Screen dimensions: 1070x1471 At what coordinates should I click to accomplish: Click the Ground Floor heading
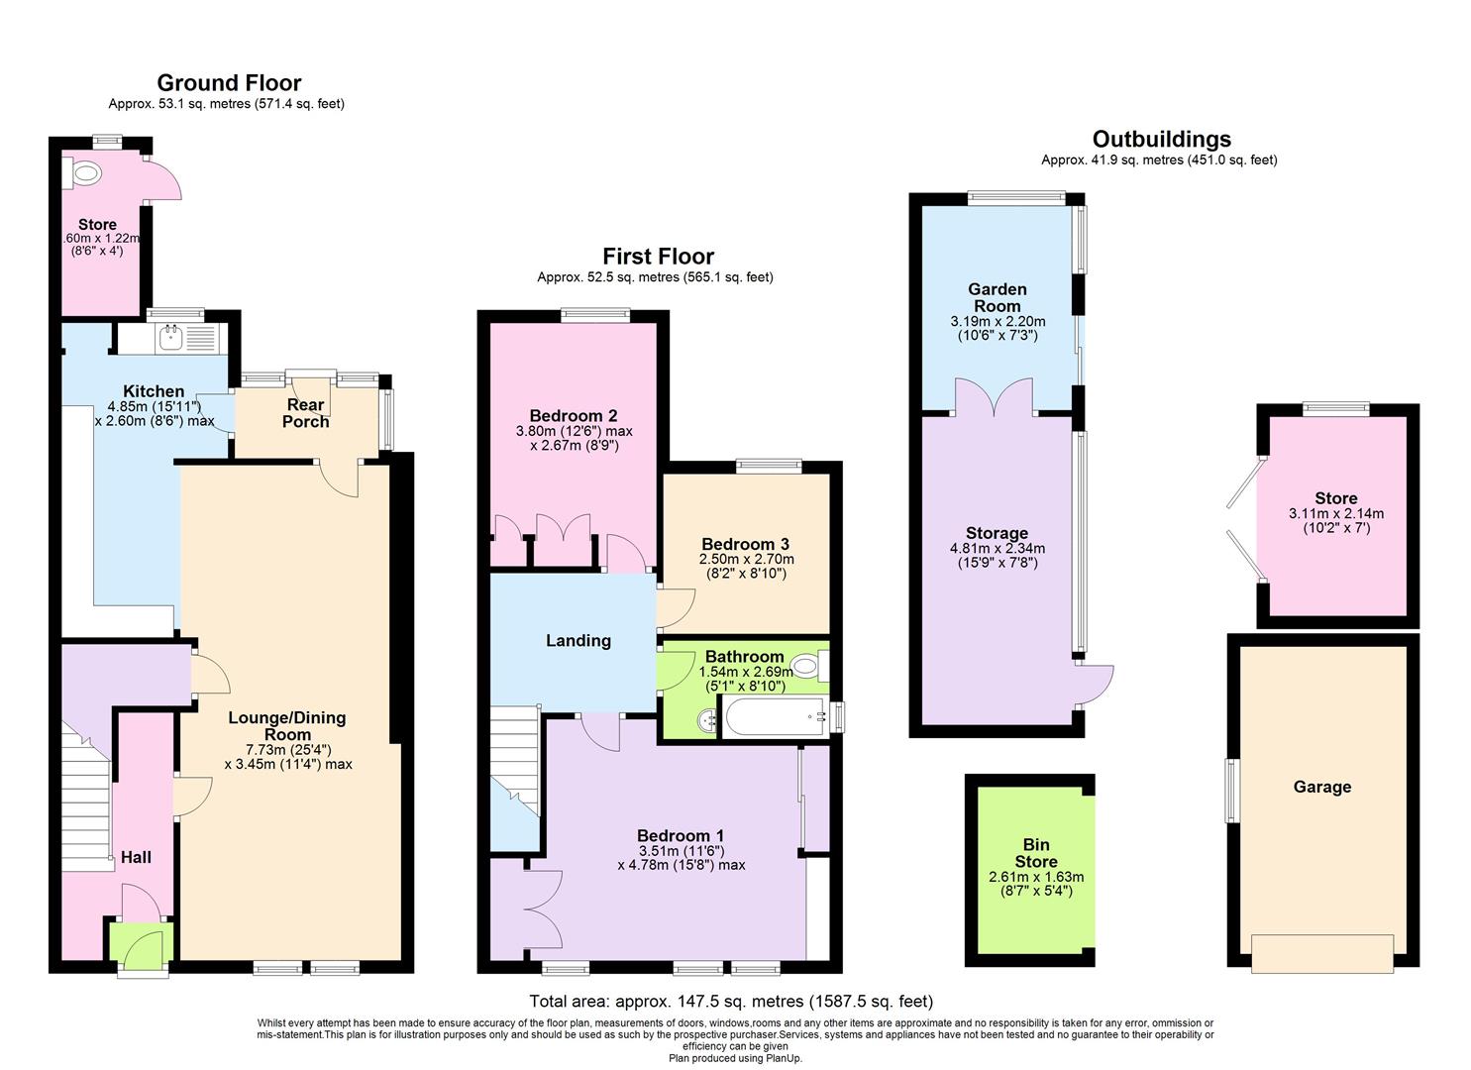(x=229, y=83)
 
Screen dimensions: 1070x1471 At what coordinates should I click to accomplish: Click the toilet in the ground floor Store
(x=85, y=175)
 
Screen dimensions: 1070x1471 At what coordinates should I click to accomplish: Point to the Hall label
(x=136, y=857)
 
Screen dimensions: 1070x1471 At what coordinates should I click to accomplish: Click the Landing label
(x=578, y=641)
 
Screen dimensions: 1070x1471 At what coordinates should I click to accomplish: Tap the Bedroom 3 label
(x=745, y=544)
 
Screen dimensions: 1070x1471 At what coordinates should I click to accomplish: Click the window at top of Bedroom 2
(x=595, y=316)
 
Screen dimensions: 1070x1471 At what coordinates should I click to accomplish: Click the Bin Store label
(x=1035, y=853)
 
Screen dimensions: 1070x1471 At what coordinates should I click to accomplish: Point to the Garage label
(x=1321, y=788)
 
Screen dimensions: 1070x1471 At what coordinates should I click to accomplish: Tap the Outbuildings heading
(x=1161, y=140)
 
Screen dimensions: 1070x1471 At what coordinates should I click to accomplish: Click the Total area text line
(x=731, y=1002)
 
